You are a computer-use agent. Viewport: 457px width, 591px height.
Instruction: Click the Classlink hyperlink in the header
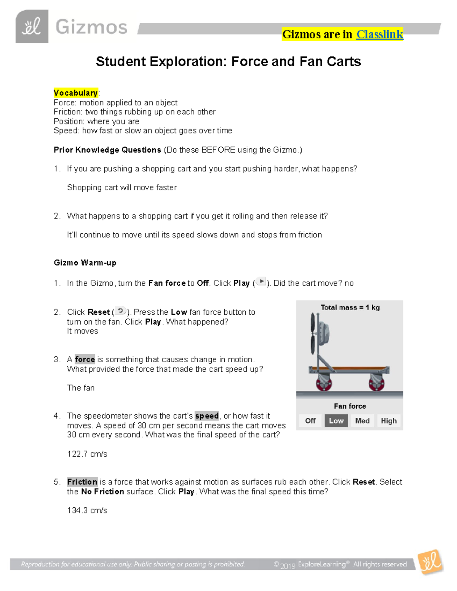pos(379,34)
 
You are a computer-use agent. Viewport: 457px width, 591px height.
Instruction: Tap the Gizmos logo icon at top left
pos(32,27)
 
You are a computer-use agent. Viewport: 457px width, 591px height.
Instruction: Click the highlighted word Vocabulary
pos(75,93)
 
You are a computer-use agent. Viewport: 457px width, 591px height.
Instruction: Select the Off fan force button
pos(310,421)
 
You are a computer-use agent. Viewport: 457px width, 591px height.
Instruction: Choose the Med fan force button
pos(362,421)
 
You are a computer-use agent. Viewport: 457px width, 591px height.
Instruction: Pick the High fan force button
pos(388,421)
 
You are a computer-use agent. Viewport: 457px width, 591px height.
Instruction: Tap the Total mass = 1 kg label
pos(350,307)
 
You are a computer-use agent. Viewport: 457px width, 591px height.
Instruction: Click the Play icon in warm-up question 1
pos(261,282)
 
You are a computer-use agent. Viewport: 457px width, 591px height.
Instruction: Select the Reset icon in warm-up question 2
pos(120,311)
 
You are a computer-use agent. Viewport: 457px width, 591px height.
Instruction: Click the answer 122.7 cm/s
pos(87,454)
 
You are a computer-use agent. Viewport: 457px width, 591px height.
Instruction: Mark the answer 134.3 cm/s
pos(87,510)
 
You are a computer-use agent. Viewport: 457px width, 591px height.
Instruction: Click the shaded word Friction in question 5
pos(82,482)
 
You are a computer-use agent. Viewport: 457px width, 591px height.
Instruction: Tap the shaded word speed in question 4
pos(207,416)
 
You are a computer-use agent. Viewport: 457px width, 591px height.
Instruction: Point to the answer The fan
pos(81,388)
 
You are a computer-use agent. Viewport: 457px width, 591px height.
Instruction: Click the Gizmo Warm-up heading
pos(85,263)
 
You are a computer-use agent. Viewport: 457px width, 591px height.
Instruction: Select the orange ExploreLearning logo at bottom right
pos(430,562)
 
